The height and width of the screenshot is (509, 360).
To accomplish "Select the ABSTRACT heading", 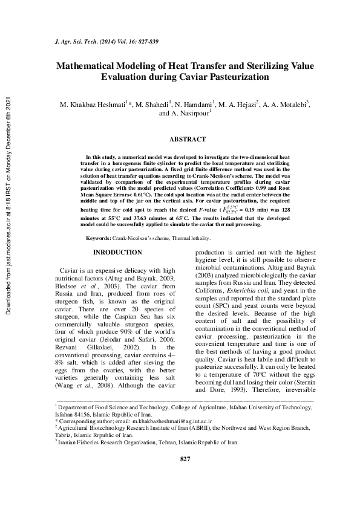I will coord(187,139).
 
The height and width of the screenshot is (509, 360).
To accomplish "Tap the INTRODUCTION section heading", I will coord(117,252).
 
